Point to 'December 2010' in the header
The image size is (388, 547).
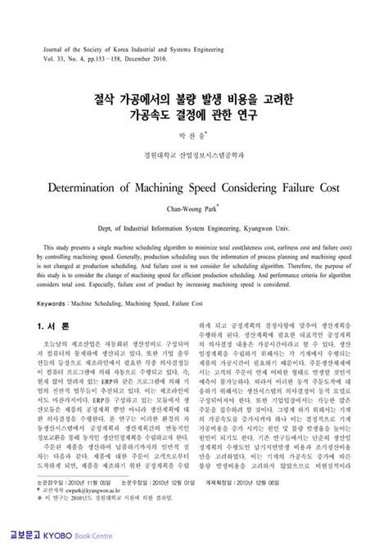click(x=152, y=59)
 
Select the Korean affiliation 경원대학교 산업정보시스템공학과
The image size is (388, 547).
click(x=193, y=152)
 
